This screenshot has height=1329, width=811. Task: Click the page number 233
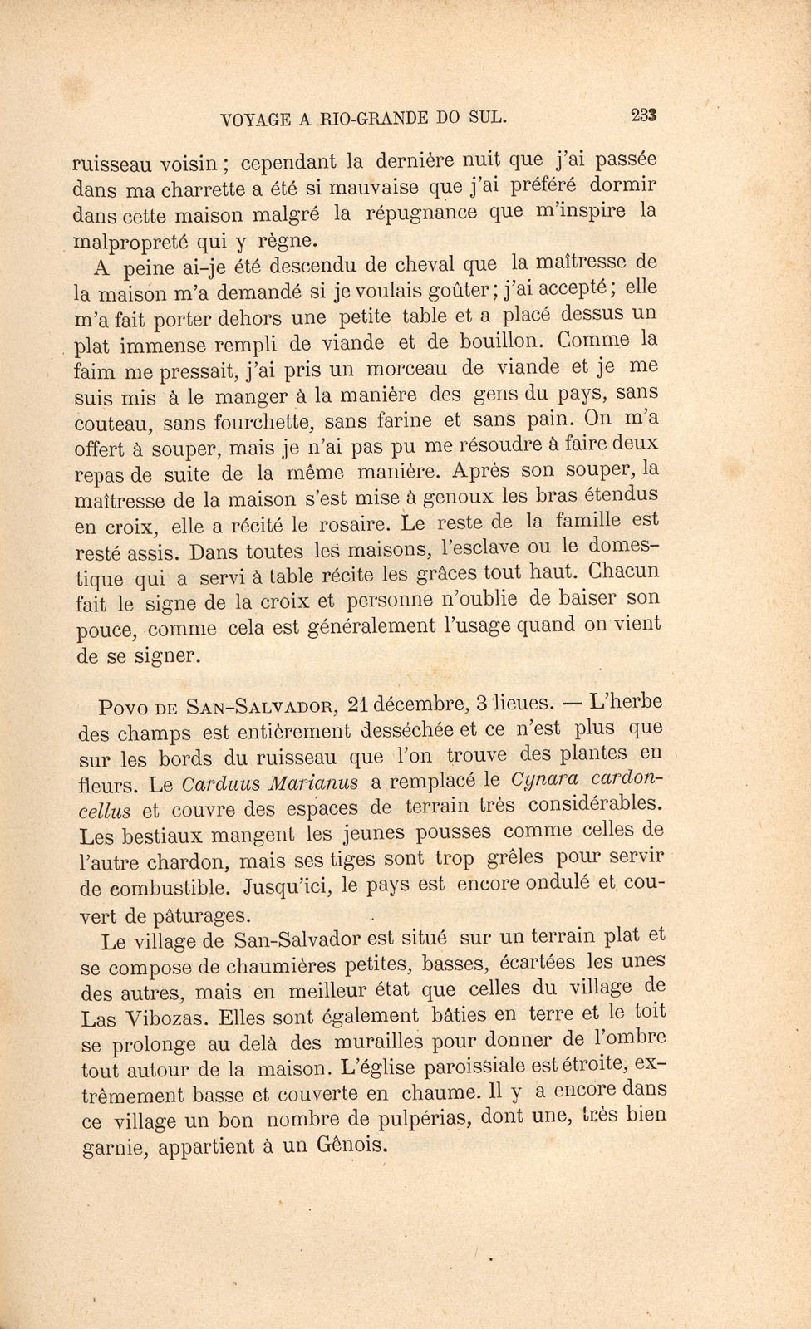pyautogui.click(x=644, y=115)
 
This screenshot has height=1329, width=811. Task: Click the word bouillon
pyautogui.click(x=499, y=341)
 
